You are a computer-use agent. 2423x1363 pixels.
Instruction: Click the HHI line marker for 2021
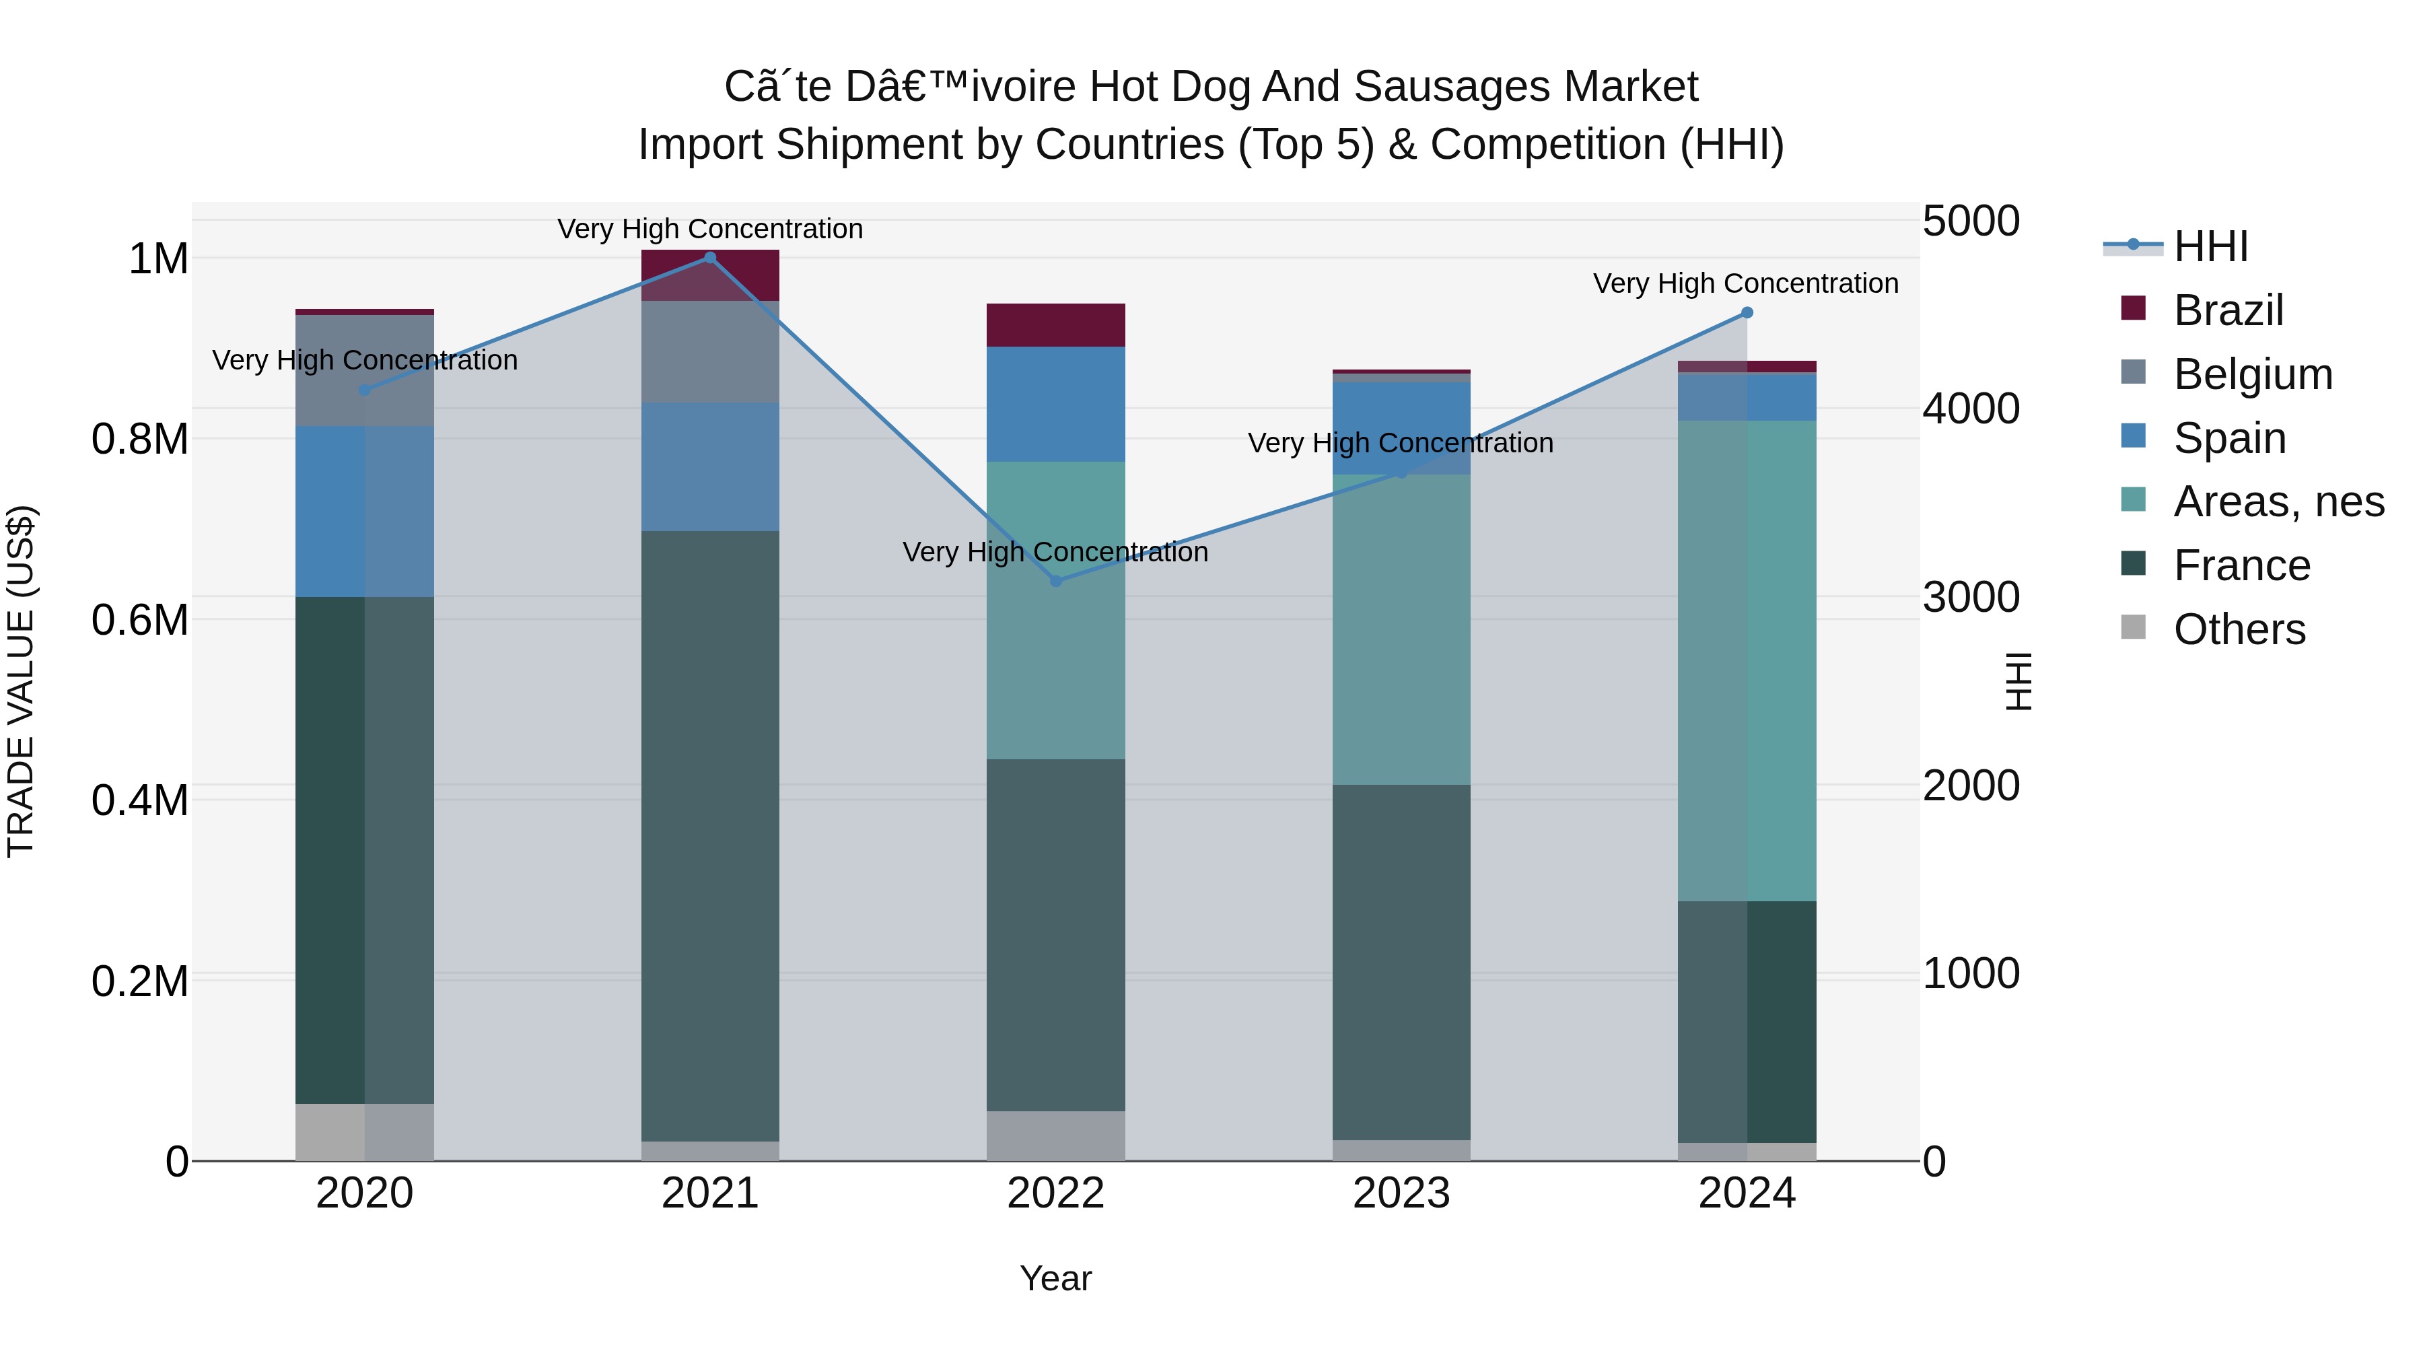[710, 258]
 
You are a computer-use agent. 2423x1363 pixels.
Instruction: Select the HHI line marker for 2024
[1747, 312]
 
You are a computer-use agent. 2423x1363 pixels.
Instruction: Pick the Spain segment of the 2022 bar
[1055, 405]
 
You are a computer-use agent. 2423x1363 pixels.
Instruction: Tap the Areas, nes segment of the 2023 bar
[1401, 629]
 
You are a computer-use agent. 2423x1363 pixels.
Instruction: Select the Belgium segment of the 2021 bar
[710, 352]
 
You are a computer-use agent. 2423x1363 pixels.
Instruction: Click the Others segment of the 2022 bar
[1055, 1135]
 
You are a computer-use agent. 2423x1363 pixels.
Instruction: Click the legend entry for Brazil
[2227, 310]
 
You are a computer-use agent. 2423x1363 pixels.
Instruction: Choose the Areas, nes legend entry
[2277, 501]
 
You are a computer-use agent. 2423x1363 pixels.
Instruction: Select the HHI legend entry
[2210, 246]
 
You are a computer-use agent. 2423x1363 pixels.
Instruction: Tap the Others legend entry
[2239, 629]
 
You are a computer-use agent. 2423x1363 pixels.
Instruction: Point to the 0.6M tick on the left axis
[139, 620]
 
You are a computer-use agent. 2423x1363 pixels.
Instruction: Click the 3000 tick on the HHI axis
[1971, 597]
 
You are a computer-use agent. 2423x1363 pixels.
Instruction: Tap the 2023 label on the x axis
[1401, 1193]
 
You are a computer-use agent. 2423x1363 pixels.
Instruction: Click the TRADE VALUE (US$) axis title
[21, 681]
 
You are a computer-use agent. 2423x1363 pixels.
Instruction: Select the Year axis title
[1055, 1278]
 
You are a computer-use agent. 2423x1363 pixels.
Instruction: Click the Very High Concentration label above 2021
[710, 229]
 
